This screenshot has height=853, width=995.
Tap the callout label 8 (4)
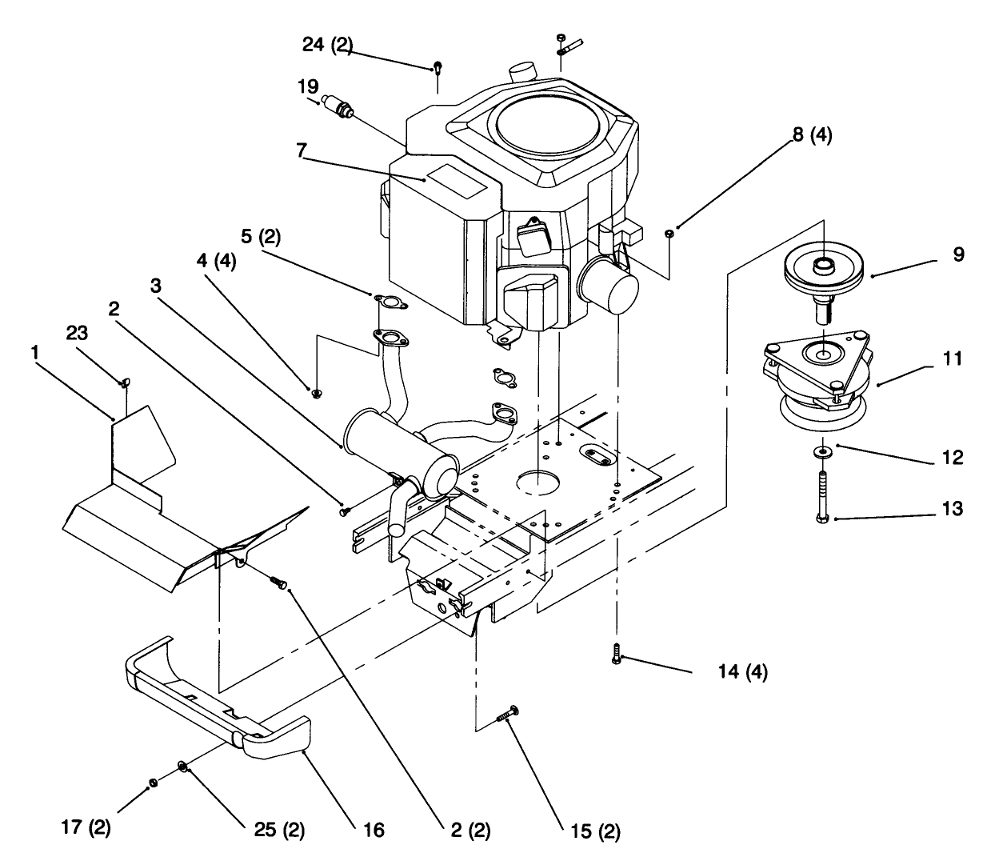click(811, 135)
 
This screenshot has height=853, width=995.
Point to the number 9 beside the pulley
click(958, 254)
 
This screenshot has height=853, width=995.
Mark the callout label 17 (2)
click(86, 827)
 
